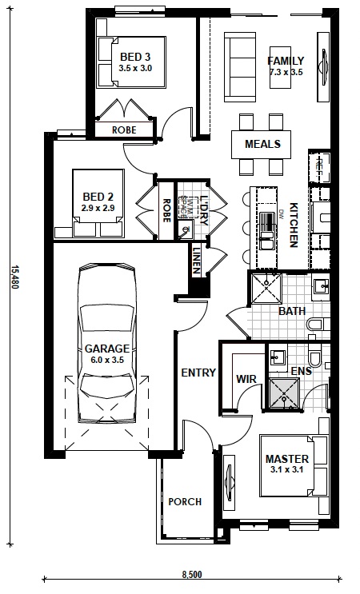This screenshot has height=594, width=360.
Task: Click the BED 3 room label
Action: [134, 57]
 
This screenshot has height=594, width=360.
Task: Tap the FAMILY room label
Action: [286, 61]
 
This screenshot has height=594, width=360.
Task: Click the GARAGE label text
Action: [107, 349]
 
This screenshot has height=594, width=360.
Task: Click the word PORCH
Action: [184, 502]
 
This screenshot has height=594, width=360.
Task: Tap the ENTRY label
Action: [198, 373]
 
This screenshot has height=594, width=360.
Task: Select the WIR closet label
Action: [244, 379]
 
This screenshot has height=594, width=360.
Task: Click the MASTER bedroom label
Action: [286, 460]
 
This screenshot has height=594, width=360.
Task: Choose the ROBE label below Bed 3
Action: [123, 129]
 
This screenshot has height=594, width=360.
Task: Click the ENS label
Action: [301, 371]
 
